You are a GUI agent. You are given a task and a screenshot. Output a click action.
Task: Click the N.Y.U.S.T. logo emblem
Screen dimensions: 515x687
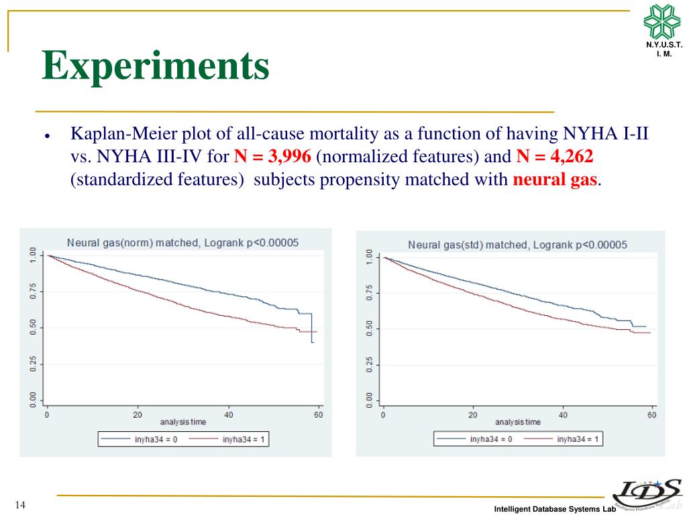(662, 21)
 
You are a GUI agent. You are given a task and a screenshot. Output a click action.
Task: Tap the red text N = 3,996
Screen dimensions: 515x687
(272, 157)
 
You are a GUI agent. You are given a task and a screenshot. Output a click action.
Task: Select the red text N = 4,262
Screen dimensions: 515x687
(556, 157)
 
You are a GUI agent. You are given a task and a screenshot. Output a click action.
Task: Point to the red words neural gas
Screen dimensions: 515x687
(554, 180)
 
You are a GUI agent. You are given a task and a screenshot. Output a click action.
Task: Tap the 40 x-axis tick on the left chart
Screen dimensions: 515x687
(228, 414)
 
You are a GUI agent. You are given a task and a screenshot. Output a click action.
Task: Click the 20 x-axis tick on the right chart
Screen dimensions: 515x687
(472, 415)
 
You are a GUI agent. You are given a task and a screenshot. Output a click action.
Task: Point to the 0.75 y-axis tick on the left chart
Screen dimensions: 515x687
(32, 292)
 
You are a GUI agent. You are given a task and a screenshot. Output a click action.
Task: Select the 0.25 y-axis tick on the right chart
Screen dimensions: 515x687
(368, 365)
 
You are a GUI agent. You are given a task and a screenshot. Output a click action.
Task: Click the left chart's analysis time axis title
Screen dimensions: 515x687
(183, 422)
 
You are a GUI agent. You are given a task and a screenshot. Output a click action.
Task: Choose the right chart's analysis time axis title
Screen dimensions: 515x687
(518, 422)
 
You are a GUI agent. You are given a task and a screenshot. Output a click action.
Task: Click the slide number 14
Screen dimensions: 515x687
(19, 505)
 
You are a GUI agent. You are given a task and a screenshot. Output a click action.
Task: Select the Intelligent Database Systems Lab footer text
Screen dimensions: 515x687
(555, 510)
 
